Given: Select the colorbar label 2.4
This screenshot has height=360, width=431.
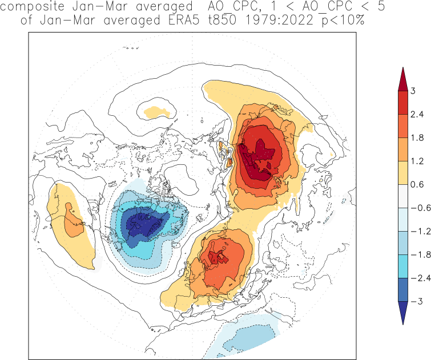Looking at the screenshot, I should click(x=416, y=114).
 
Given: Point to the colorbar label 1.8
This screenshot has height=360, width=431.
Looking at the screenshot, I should click(x=416, y=137).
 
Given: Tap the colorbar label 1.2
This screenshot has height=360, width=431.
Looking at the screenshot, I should click(x=416, y=161).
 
